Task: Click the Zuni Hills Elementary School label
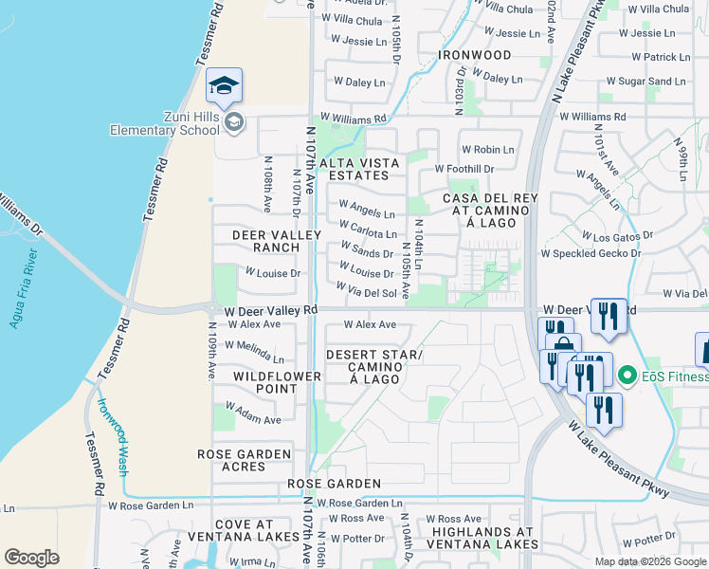pos(164,122)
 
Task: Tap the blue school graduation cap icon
pos(224,86)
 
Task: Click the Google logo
pos(31,558)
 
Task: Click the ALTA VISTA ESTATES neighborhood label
pos(354,169)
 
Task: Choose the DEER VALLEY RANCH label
pos(266,240)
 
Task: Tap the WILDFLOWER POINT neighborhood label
pos(265,383)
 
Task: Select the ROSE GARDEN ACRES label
pos(244,461)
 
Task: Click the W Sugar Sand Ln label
pos(645,83)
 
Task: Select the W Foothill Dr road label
pos(464,169)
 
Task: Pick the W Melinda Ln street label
pos(254,352)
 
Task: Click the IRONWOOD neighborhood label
pos(475,55)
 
